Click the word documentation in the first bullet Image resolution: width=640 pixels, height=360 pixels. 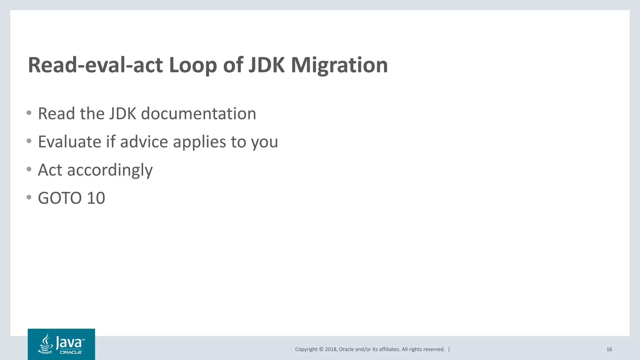(198, 113)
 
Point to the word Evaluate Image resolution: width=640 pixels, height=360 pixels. (69, 142)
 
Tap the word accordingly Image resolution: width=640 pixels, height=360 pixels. (110, 170)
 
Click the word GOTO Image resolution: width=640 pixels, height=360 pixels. (60, 198)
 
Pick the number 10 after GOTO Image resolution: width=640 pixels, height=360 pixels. (96, 198)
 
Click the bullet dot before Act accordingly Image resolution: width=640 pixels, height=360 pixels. (29, 169)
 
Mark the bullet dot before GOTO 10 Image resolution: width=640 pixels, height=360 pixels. (29, 197)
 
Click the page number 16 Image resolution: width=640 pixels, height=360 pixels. (609, 349)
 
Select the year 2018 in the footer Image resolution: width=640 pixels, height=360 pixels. (331, 349)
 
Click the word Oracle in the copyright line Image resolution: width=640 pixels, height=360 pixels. (346, 349)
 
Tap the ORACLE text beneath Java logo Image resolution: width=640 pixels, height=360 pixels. (71, 352)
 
